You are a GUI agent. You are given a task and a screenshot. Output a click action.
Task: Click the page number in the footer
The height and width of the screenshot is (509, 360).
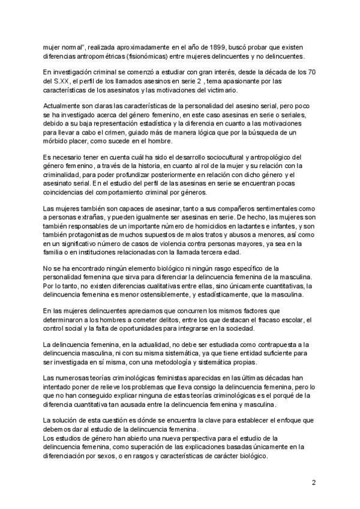click(314, 482)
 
